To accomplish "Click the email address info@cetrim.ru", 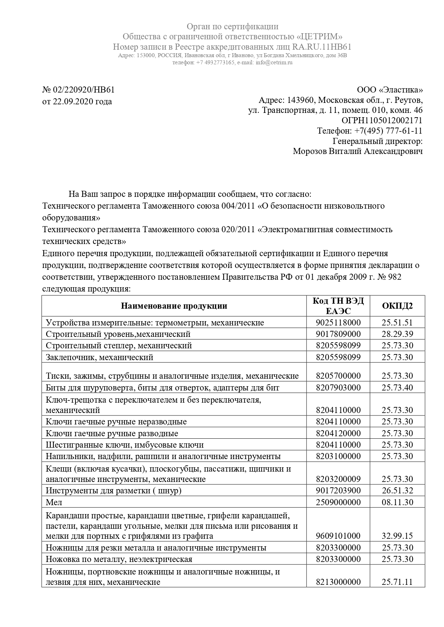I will pyautogui.click(x=274, y=63).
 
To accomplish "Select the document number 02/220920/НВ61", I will pyautogui.click(x=84, y=90).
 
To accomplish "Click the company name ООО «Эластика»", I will pyautogui.click(x=390, y=90).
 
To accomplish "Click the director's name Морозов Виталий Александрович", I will pyautogui.click(x=357, y=151).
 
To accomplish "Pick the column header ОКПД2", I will pyautogui.click(x=397, y=306).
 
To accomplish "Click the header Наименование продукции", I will pyautogui.click(x=174, y=306).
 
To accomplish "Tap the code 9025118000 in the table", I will pyautogui.click(x=338, y=323).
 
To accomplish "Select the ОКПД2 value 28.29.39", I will pyautogui.click(x=397, y=334).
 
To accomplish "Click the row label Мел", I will pyautogui.click(x=54, y=502).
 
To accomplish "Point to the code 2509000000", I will pyautogui.click(x=338, y=502).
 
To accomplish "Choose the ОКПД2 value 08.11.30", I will pyautogui.click(x=397, y=502).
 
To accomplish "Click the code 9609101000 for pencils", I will pyautogui.click(x=338, y=536).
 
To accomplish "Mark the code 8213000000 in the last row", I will pyautogui.click(x=338, y=582).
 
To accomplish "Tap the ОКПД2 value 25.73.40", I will pyautogui.click(x=397, y=388).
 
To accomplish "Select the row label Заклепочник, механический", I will pyautogui.click(x=99, y=357).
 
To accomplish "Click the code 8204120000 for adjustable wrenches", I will pyautogui.click(x=338, y=433).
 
